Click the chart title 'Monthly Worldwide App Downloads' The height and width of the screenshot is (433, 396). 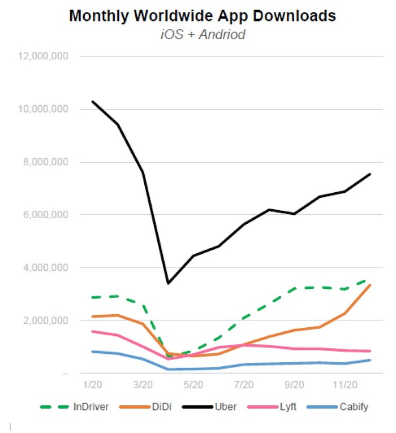[x=202, y=16]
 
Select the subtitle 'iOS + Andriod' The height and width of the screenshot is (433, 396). [x=202, y=34]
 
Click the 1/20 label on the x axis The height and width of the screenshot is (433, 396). [x=92, y=384]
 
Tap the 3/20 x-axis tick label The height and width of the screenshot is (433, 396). [x=143, y=384]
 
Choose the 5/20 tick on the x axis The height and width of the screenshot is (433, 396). [x=193, y=384]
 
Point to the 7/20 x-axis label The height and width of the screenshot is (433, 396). [x=244, y=384]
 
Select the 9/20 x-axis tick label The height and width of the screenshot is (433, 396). [x=294, y=384]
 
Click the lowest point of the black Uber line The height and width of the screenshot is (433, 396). [x=168, y=283]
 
